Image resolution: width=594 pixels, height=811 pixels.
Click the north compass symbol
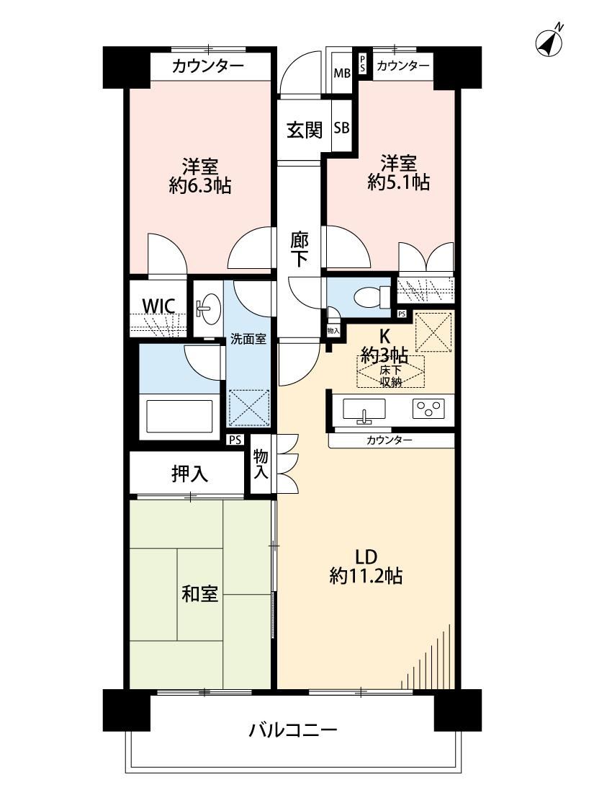coord(549,40)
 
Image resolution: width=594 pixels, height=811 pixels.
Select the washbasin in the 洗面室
coord(209,309)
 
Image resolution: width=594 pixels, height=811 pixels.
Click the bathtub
coord(179,417)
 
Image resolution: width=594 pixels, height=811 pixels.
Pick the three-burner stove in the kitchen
coord(428,409)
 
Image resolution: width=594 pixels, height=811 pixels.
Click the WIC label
coord(158,306)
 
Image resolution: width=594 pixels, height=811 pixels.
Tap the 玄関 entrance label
coord(305,129)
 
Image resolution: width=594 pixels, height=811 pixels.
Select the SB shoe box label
coord(341,127)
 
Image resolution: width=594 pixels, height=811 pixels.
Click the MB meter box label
coord(341,73)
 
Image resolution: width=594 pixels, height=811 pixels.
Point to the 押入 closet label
coord(189,474)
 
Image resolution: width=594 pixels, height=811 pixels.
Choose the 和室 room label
coord(199,594)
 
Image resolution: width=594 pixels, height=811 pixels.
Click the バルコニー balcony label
coord(293,730)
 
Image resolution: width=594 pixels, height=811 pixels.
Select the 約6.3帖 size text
coord(200,185)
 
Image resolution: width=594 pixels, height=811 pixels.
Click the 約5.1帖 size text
coord(398,182)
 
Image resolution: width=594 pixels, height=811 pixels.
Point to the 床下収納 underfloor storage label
coord(390,376)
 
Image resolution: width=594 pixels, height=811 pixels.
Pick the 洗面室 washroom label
coord(248,340)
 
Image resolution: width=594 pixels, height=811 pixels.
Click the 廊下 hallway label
coord(299,249)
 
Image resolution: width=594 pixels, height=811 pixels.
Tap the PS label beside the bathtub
coord(235,440)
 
